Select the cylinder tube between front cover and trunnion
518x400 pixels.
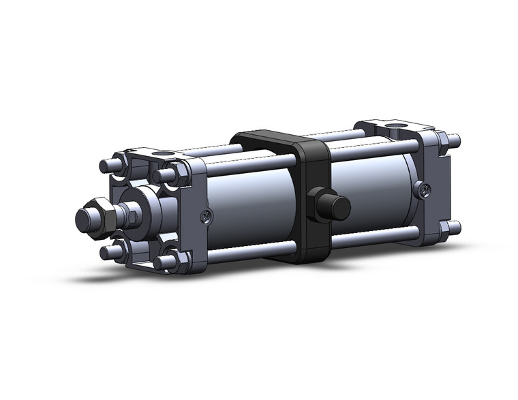point(252,204)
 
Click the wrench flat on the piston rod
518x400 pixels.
point(134,217)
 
